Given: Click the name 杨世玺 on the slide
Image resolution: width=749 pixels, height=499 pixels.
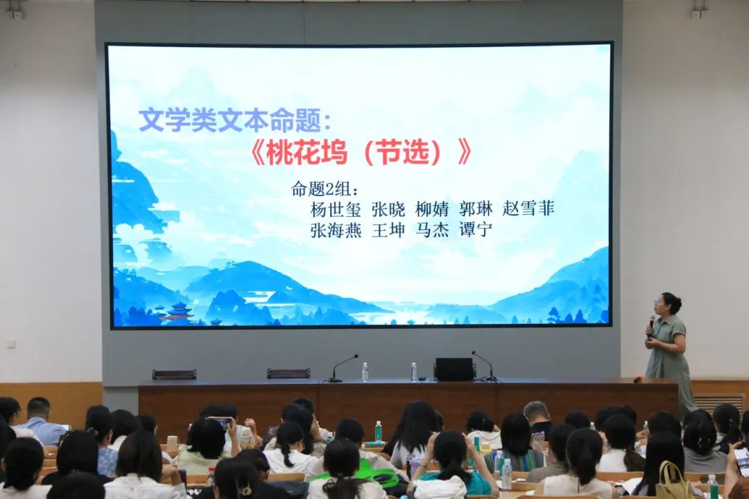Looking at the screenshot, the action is click(x=336, y=209).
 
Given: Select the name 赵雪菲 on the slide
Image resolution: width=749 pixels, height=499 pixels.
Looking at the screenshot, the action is click(x=528, y=208).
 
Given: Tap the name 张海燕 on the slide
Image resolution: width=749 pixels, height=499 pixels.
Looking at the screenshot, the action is click(x=336, y=229).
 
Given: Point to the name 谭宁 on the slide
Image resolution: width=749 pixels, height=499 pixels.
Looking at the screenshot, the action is click(x=475, y=229).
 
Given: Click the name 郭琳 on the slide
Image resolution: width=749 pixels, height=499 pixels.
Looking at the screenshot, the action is click(x=475, y=209).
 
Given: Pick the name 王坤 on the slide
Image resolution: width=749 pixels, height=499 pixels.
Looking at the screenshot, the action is click(x=388, y=229).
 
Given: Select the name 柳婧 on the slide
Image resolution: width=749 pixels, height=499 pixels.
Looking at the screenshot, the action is click(x=432, y=209).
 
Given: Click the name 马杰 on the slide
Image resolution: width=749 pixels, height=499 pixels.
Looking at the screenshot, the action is click(x=432, y=229).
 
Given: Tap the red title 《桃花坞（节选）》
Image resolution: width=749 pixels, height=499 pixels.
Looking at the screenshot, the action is click(x=361, y=152).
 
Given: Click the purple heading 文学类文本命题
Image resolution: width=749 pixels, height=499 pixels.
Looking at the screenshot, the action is click(x=230, y=120).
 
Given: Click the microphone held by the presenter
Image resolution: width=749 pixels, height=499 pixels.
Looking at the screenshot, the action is click(x=651, y=325).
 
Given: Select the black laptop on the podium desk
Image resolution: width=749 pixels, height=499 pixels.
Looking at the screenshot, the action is click(x=454, y=369).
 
